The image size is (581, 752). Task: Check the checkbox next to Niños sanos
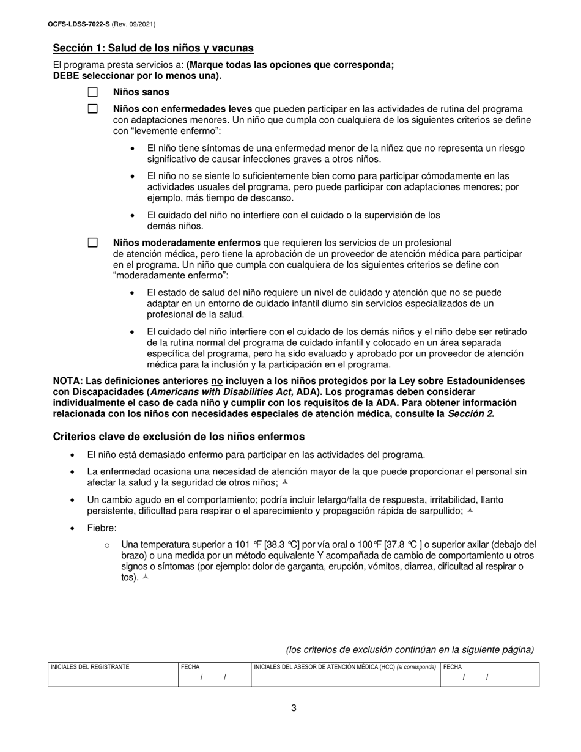tap(92, 92)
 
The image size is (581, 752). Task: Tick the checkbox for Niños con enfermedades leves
tap(92, 109)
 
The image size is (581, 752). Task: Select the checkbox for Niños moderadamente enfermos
tap(92, 243)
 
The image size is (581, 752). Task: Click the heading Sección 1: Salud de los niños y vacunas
tap(153, 48)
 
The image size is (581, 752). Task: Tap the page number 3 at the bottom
tap(294, 708)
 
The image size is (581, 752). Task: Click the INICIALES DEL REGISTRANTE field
tap(113, 677)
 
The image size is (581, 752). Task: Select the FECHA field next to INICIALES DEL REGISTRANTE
tap(213, 677)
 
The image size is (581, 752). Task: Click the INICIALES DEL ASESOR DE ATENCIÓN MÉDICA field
tap(345, 677)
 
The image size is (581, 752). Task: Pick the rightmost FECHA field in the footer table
tap(489, 677)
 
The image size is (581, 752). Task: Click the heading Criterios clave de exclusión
tap(179, 437)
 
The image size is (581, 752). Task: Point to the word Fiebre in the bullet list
tap(102, 528)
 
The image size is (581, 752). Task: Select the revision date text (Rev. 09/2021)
tap(133, 24)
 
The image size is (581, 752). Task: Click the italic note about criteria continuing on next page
tap(409, 649)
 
